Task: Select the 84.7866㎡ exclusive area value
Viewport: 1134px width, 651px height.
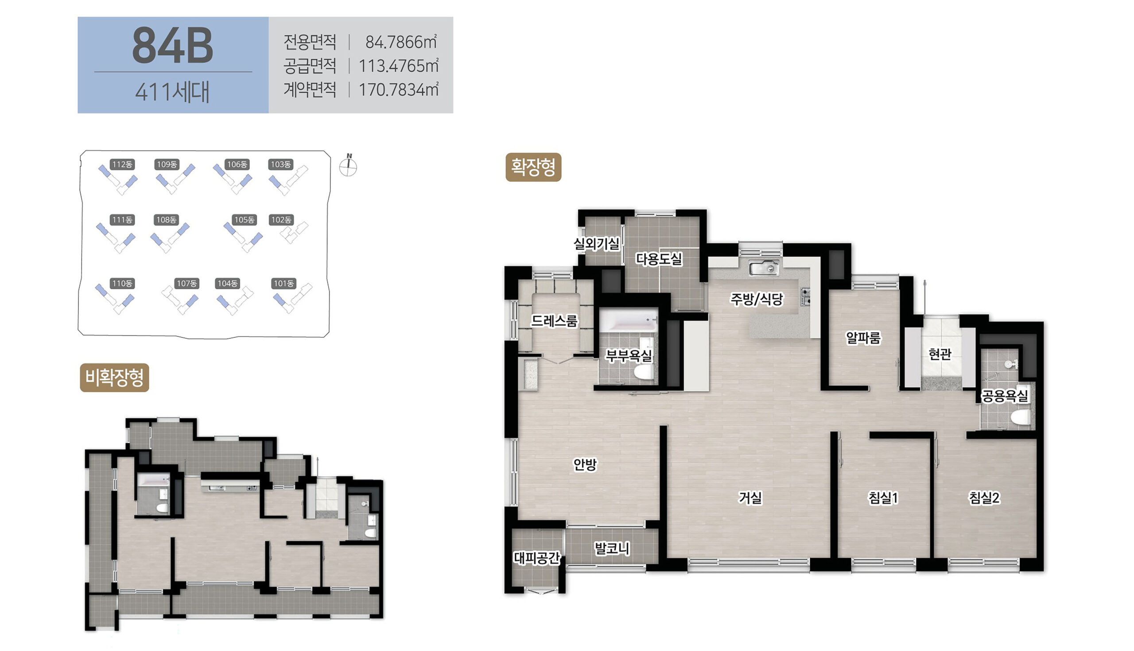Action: [x=401, y=42]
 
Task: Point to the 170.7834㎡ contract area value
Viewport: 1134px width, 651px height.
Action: [x=399, y=90]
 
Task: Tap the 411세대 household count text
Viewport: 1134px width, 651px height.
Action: [x=172, y=92]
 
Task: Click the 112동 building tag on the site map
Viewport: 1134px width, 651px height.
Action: [x=122, y=164]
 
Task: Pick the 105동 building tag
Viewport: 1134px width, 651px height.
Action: [x=245, y=219]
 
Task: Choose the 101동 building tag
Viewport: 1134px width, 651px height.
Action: [x=284, y=284]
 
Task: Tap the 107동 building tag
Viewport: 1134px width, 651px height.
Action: [x=187, y=284]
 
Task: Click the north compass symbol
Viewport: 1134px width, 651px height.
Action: [x=348, y=165]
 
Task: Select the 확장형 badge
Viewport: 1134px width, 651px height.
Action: [x=533, y=167]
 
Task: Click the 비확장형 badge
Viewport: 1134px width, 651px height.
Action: [x=114, y=378]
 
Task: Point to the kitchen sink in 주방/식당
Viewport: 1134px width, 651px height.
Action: [x=764, y=268]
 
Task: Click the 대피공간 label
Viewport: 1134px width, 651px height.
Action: [x=536, y=557]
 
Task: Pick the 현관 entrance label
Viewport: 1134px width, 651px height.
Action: [x=940, y=354]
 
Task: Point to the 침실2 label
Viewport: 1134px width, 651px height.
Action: [x=984, y=498]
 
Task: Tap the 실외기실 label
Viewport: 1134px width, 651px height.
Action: [x=597, y=244]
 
